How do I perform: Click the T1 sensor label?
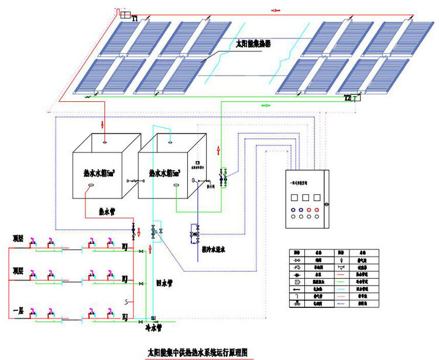point(135,19)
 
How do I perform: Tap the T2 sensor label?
point(348,98)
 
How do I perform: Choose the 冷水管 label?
point(153,329)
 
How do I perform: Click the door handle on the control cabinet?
point(327,204)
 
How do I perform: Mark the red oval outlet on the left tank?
point(91,187)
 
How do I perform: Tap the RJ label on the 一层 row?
point(125,316)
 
